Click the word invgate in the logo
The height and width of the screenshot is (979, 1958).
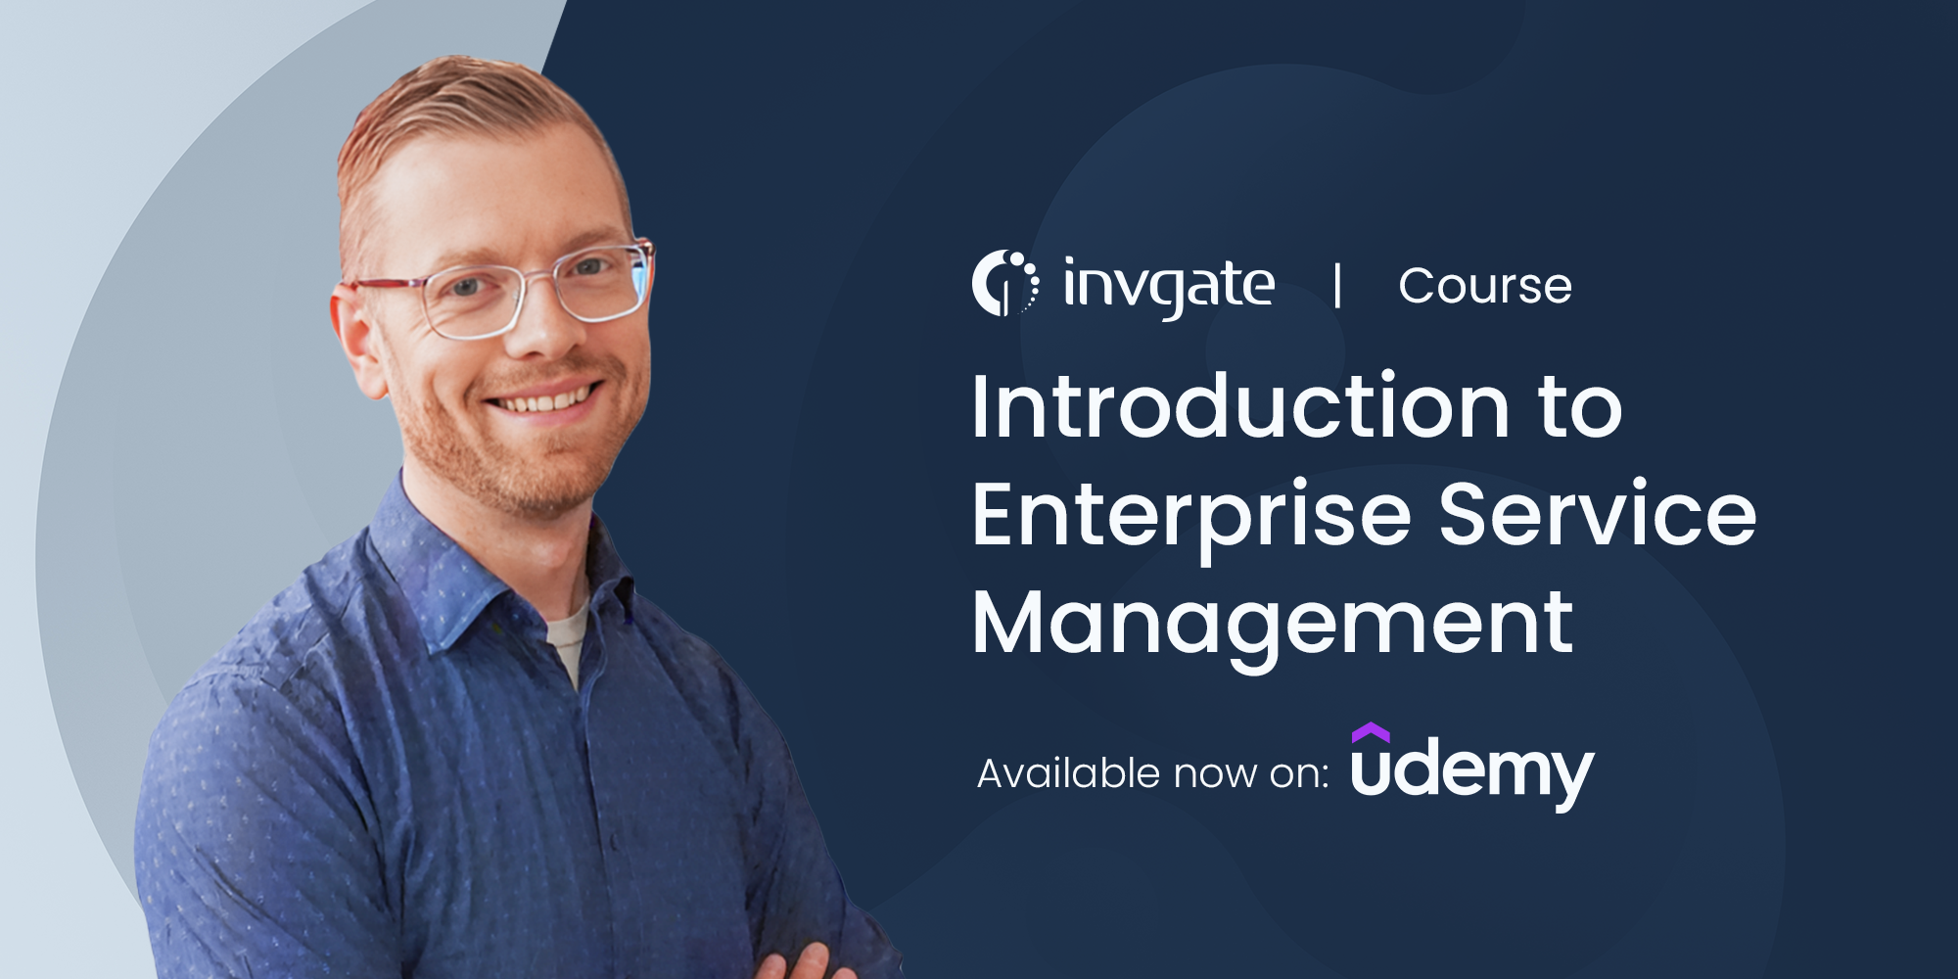[x=1169, y=287]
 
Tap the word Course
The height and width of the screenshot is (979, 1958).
[x=1485, y=287]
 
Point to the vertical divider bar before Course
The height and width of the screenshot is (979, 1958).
[x=1337, y=286]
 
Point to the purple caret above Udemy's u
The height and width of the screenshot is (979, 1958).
[x=1371, y=732]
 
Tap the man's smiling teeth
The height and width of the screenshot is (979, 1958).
[x=543, y=399]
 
